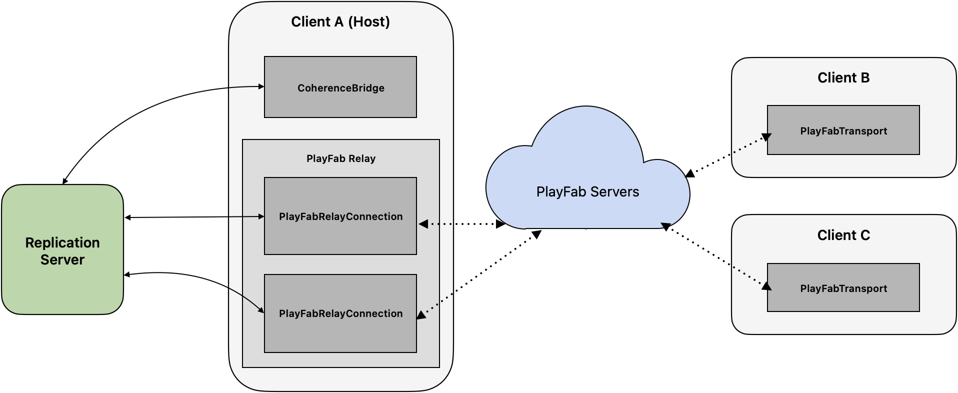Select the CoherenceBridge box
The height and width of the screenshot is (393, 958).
340,87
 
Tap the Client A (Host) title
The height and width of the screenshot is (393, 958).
340,22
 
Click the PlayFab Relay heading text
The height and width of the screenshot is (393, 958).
340,158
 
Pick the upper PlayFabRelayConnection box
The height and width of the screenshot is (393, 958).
340,216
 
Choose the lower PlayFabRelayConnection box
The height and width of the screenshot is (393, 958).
340,313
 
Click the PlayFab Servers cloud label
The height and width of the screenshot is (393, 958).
587,192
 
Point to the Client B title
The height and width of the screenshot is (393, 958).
843,78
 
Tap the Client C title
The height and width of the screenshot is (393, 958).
843,235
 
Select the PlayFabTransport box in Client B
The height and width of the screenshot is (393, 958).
843,130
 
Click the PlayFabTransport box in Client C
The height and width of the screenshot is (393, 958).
843,288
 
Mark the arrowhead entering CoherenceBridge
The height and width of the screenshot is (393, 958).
261,86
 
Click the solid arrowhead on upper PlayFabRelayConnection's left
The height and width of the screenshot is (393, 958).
261,216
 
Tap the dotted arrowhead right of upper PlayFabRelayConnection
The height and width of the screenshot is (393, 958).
423,224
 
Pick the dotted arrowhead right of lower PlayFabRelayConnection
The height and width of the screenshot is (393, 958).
421,315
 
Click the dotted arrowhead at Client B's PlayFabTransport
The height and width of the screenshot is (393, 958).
766,137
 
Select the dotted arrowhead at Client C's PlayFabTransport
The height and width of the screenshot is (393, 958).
766,286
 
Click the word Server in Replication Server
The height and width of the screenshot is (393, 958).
62,260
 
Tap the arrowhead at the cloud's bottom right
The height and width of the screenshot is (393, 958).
666,225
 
